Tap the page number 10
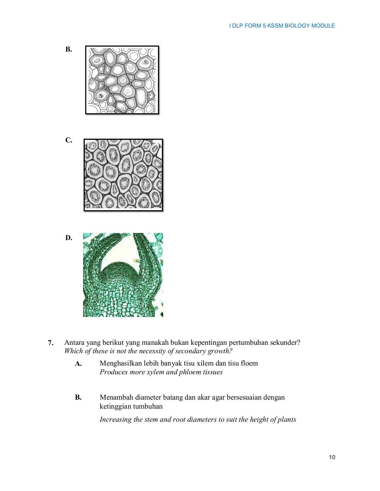point(332,457)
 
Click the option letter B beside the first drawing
point(69,49)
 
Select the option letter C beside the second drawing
point(69,140)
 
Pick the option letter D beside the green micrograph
point(69,238)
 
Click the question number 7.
point(51,343)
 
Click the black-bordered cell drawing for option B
point(122,80)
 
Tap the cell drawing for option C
point(123,175)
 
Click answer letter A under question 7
point(78,364)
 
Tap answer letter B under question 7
point(78,397)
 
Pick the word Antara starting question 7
point(74,342)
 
